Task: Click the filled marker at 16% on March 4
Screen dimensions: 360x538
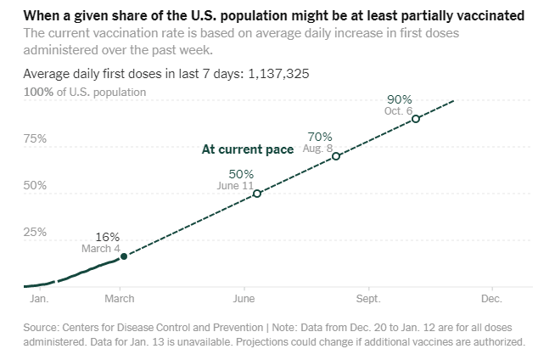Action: point(124,256)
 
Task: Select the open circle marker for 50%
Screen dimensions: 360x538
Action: point(257,194)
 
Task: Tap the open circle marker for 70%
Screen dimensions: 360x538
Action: point(336,156)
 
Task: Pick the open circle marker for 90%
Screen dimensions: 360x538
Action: point(416,118)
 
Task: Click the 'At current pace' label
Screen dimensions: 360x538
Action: point(248,149)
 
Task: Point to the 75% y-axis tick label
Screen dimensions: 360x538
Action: point(36,138)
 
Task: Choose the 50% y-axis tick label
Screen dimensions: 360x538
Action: point(36,185)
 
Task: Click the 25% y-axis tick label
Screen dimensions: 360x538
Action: point(36,232)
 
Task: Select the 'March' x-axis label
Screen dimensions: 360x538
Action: point(120,299)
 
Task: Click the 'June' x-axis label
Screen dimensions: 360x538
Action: point(244,299)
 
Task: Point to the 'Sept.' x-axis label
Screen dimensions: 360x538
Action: point(369,299)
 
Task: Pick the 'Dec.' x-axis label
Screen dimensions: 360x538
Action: point(492,299)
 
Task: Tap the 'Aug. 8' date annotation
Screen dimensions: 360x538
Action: point(317,148)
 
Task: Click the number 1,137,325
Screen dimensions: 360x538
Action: point(278,74)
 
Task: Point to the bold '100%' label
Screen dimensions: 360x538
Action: point(38,91)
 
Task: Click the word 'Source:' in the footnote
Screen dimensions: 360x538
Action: point(42,327)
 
